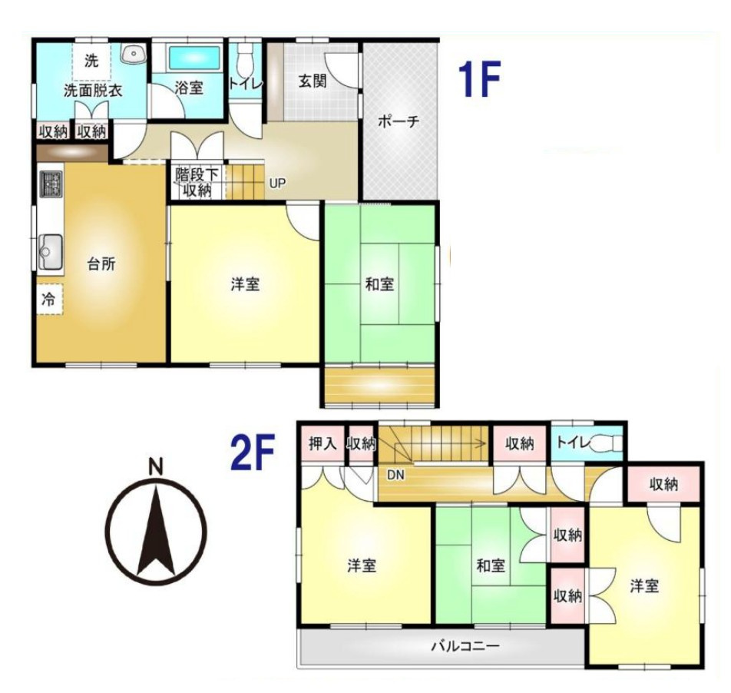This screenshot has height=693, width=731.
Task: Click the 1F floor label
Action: [x=479, y=79]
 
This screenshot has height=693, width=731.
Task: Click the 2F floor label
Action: [x=252, y=452]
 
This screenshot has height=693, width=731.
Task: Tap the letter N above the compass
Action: [x=155, y=467]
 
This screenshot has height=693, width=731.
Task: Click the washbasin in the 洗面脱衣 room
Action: [x=134, y=54]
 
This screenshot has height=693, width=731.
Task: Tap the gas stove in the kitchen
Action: [x=51, y=184]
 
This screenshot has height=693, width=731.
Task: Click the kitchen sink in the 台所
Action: [x=51, y=251]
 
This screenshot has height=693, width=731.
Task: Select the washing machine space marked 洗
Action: [x=92, y=61]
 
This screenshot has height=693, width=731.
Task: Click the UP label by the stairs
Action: [x=277, y=184]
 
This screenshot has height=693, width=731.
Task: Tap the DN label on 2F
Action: [x=395, y=476]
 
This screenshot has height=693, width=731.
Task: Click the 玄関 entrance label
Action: [x=313, y=81]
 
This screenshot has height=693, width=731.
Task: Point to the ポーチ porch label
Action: [x=399, y=121]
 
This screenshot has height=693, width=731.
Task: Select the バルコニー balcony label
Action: [x=465, y=646]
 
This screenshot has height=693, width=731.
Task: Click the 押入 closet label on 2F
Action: [x=322, y=443]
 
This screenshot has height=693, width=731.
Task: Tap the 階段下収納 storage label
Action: [x=197, y=182]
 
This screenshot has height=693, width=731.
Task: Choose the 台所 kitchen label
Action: [x=101, y=264]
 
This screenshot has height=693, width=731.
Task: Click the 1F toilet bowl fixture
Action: [x=244, y=61]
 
